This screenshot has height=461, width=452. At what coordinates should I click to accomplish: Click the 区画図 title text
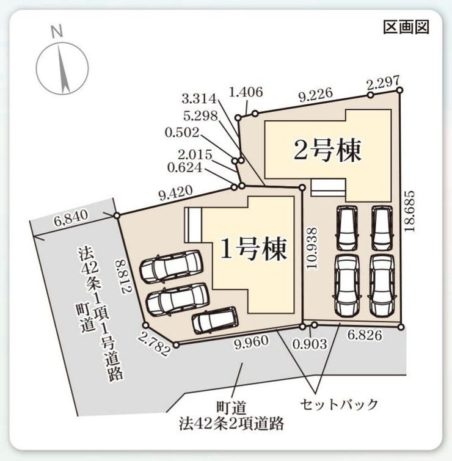point(406,27)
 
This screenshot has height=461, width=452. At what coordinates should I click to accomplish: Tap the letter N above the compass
point(57,32)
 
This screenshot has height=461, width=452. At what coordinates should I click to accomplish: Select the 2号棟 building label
point(327,151)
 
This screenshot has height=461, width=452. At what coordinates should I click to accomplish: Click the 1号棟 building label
point(253,249)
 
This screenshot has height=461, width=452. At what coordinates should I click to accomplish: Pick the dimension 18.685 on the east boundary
point(409,211)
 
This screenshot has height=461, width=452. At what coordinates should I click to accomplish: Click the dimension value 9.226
point(316,95)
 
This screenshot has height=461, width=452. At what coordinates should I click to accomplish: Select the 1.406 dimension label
point(246,92)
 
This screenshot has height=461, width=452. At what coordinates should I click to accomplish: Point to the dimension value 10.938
point(312,248)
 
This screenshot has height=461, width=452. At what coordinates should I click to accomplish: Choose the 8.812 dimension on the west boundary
point(123,275)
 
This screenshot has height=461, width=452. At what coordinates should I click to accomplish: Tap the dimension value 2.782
point(153,343)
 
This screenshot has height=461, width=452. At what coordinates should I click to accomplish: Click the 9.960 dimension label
point(251,342)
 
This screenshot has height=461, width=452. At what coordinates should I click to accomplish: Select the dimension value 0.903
point(310,344)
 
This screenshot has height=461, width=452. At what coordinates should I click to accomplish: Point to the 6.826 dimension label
point(365,335)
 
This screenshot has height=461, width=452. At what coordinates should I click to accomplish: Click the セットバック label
point(339,405)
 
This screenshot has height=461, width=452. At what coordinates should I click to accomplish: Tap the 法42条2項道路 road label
point(231,424)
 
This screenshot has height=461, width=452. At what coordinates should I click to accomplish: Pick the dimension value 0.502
point(182,132)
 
